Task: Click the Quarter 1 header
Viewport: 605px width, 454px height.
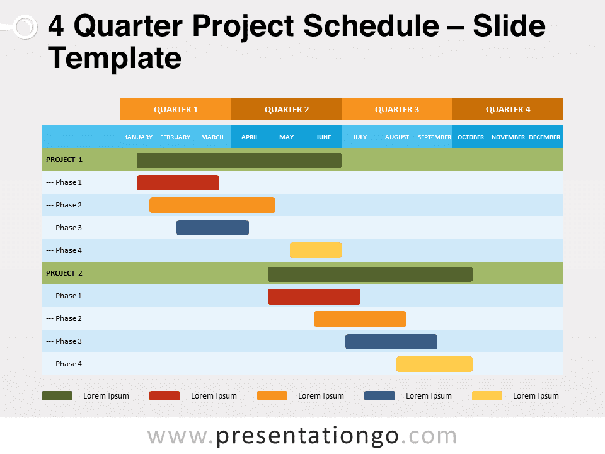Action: (x=175, y=109)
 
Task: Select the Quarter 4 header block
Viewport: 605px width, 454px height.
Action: (x=507, y=109)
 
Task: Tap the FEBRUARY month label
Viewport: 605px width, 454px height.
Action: (x=175, y=137)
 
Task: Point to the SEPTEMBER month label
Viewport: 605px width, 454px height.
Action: (x=434, y=137)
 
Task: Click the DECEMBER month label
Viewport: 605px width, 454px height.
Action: (x=544, y=137)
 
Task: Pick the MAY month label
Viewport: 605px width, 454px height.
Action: (x=286, y=137)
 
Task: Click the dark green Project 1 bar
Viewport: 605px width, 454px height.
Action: (x=239, y=160)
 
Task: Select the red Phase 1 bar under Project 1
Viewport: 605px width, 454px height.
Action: (x=178, y=183)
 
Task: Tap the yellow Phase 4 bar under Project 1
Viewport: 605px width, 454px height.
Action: (x=315, y=250)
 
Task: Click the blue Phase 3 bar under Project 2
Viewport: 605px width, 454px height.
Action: (x=391, y=342)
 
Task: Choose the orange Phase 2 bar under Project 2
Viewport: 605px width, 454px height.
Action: (x=360, y=319)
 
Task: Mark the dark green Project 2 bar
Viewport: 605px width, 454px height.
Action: (x=370, y=274)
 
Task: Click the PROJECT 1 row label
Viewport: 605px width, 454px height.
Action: (x=64, y=160)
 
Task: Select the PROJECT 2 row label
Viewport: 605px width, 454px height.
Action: (x=64, y=273)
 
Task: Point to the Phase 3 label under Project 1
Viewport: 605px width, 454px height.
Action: (x=64, y=228)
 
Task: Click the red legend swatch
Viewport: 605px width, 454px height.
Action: (x=164, y=396)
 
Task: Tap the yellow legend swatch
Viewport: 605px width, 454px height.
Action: (x=487, y=396)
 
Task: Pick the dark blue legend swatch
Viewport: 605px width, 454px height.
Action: (x=379, y=396)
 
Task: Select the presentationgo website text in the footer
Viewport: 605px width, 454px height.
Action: (x=302, y=436)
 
